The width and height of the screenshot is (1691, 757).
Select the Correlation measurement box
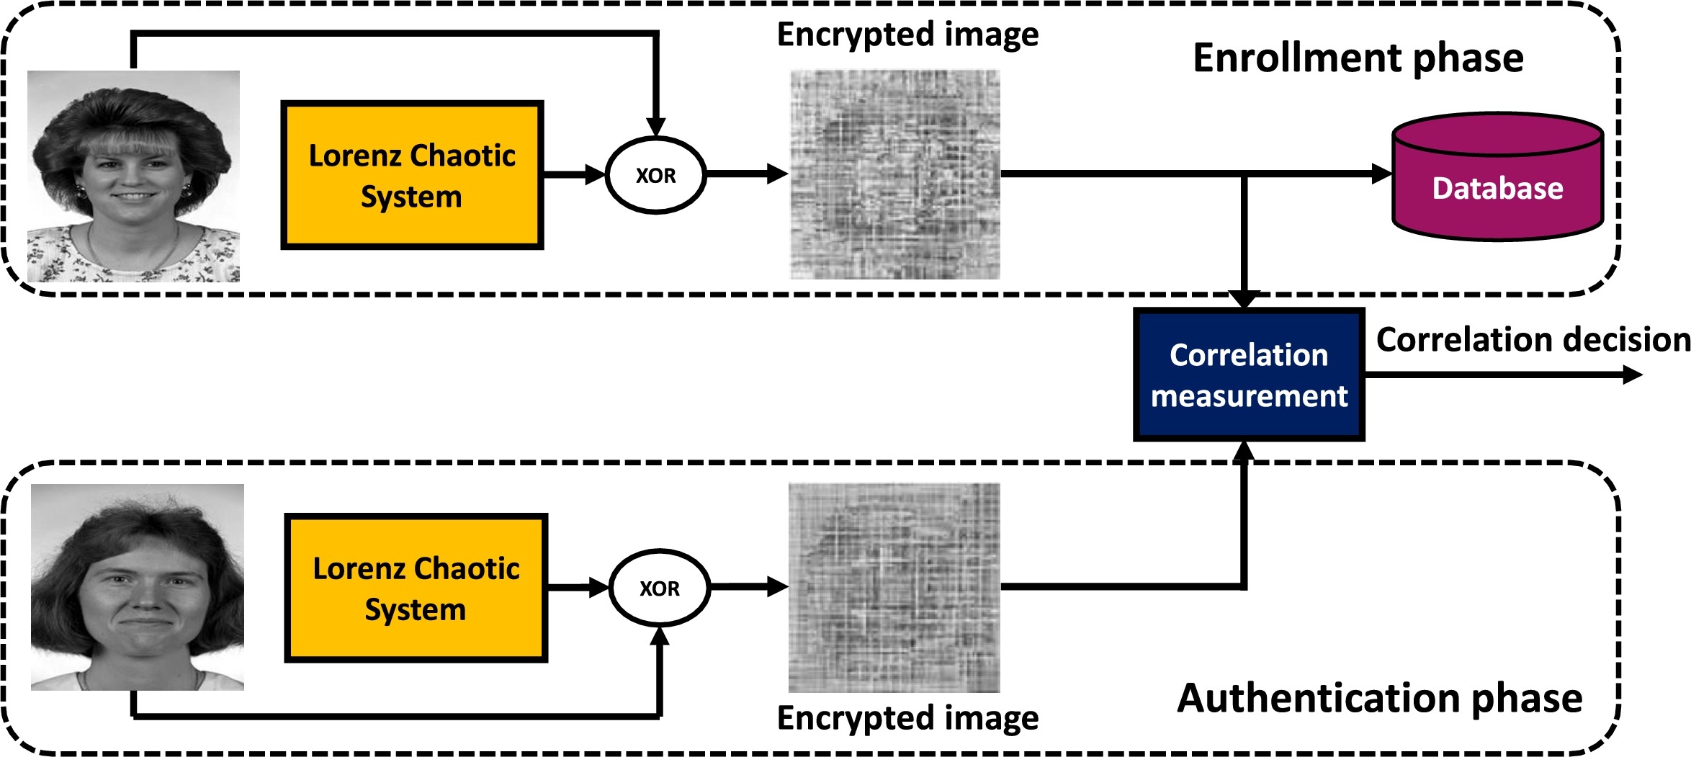(1249, 375)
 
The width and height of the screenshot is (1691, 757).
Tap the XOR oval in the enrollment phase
(655, 175)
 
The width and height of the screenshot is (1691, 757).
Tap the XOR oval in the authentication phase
(660, 588)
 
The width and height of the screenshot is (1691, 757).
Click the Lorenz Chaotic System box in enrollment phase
(412, 175)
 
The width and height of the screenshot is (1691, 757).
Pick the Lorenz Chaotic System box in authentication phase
(416, 588)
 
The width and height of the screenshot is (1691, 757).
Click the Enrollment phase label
(1358, 58)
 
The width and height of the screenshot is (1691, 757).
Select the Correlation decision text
(1533, 339)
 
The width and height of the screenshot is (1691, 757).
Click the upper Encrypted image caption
(907, 35)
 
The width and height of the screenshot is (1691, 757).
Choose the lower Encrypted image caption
(907, 717)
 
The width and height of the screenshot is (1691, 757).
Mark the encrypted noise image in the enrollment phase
(895, 174)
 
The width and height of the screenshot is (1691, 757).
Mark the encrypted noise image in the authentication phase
(894, 588)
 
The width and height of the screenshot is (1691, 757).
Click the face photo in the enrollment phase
(133, 176)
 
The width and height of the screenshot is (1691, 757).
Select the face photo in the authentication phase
(138, 587)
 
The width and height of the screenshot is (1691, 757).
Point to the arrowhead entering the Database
(1381, 174)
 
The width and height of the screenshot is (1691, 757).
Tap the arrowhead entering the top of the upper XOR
(655, 127)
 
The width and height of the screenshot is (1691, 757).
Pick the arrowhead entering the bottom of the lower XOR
(660, 636)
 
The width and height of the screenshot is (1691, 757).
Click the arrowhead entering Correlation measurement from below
(1244, 451)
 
